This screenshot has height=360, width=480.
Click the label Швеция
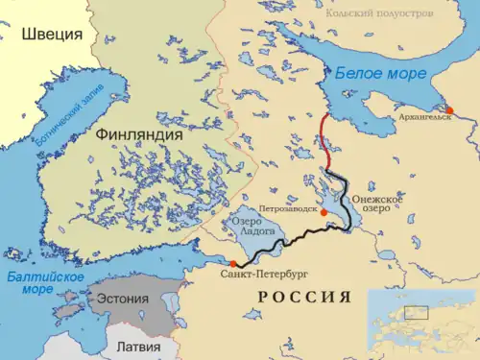[x=52, y=35]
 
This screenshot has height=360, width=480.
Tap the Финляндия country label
[x=139, y=135]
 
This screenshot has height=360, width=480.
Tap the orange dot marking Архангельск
[x=448, y=110]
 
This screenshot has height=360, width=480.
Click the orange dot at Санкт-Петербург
[x=232, y=263]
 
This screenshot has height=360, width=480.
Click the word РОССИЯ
[x=303, y=297]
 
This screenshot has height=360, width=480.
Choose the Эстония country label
[x=123, y=299]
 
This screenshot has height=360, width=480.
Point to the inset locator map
[x=423, y=322]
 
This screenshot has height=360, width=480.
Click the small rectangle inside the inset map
[x=416, y=312]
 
